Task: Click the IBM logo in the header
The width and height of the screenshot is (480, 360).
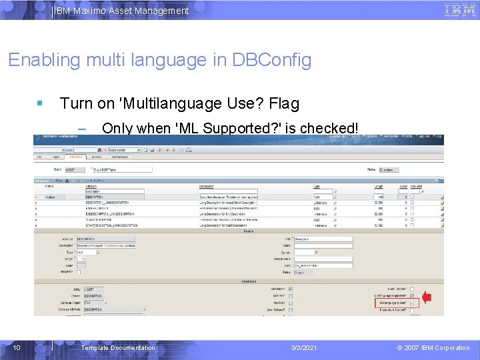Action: click(459, 10)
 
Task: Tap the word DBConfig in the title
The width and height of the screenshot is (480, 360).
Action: click(271, 60)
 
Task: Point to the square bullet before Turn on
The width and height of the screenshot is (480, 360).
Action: click(41, 103)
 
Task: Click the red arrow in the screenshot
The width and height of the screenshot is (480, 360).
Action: click(427, 297)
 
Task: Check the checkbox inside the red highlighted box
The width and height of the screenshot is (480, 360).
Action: click(412, 303)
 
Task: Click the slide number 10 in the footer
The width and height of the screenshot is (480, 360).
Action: click(17, 347)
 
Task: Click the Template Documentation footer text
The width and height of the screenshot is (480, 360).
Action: click(117, 347)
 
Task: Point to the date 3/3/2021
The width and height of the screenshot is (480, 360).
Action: click(304, 347)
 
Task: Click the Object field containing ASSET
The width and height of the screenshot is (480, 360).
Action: click(75, 170)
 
